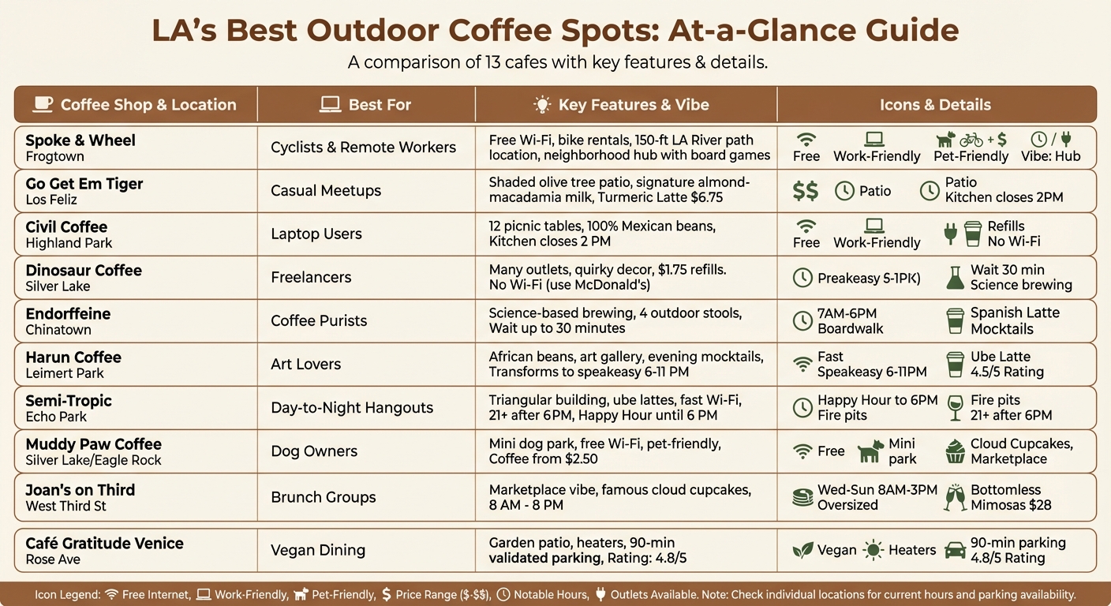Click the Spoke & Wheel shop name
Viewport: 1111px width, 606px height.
pos(80,140)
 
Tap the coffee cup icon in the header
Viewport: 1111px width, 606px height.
pos(43,104)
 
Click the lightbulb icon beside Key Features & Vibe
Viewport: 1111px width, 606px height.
pos(542,105)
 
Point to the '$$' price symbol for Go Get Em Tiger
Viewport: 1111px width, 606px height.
pos(805,191)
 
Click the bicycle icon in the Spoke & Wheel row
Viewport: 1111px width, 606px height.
pos(971,140)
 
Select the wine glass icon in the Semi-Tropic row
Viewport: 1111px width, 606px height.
pos(955,407)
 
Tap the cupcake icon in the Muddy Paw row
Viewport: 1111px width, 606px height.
pos(955,451)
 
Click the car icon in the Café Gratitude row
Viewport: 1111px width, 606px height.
pos(955,550)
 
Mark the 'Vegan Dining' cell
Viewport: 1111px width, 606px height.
pos(318,550)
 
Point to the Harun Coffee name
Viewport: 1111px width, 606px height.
pos(73,357)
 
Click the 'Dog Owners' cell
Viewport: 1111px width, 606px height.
pos(314,451)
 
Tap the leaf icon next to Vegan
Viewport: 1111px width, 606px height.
pos(802,550)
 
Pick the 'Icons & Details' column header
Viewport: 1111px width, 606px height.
pos(935,105)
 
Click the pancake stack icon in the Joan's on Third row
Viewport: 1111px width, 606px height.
pos(802,497)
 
